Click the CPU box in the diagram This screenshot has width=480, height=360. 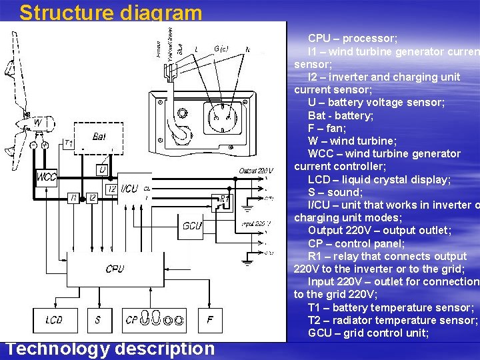[x=115, y=270]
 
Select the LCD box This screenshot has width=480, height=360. [x=54, y=320]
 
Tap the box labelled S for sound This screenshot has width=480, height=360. [x=97, y=320]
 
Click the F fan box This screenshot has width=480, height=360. [x=210, y=320]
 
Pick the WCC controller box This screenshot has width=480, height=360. [x=47, y=177]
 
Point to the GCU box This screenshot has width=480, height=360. [x=193, y=226]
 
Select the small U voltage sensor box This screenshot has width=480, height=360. [x=101, y=171]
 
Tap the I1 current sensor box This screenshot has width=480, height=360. [x=73, y=197]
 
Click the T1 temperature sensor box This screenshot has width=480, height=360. [x=68, y=143]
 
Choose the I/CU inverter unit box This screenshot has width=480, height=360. [x=129, y=189]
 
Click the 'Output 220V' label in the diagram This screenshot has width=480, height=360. [x=256, y=171]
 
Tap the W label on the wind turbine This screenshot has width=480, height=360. [x=37, y=123]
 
